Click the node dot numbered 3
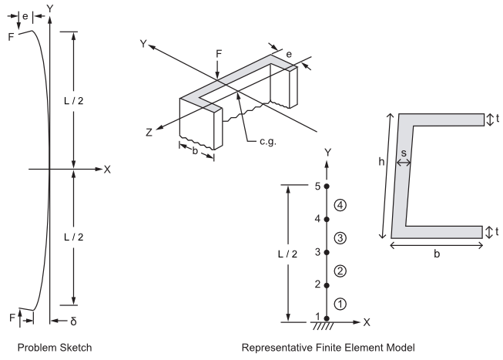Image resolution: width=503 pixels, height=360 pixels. pyautogui.click(x=327, y=252)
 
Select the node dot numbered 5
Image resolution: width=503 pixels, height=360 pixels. pyautogui.click(x=327, y=186)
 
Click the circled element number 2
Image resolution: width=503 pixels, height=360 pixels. pyautogui.click(x=340, y=270)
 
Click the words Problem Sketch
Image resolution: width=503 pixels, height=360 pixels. pyautogui.click(x=61, y=348)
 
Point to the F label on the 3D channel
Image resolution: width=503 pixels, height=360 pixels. pyautogui.click(x=219, y=56)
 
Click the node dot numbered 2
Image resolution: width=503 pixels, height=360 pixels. pyautogui.click(x=327, y=284)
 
